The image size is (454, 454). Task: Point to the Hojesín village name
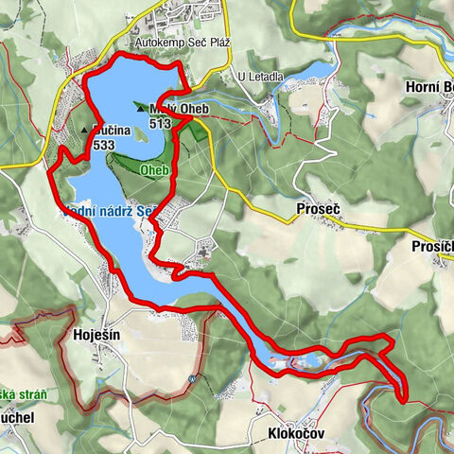click(x=97, y=335)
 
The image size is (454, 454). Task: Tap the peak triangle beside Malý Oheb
click(x=141, y=108)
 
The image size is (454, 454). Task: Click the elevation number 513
click(x=159, y=122)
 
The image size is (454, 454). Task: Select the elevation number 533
click(x=105, y=146)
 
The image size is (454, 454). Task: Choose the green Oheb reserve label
click(x=153, y=170)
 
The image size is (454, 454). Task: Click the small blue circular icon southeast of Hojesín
click(x=191, y=379)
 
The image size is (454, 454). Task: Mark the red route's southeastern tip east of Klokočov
click(x=405, y=399)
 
